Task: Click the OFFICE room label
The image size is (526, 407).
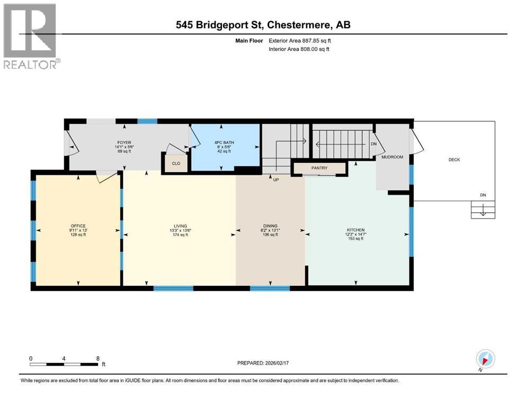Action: [x=78, y=226]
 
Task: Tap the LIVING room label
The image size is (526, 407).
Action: [x=180, y=226]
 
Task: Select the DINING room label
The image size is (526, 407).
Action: [x=270, y=226]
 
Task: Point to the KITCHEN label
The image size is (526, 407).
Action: [x=356, y=229]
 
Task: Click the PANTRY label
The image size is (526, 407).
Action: [x=319, y=169]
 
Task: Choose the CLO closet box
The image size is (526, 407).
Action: [x=176, y=164]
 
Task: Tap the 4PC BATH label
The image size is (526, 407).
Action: [x=224, y=143]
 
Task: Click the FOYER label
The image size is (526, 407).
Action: [x=124, y=143]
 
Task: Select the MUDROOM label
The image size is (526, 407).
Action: [x=393, y=157]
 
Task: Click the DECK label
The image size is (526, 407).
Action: [x=454, y=159]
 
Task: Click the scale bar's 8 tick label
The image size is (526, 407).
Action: [x=98, y=358]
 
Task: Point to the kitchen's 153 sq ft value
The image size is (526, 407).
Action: [x=356, y=238]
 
